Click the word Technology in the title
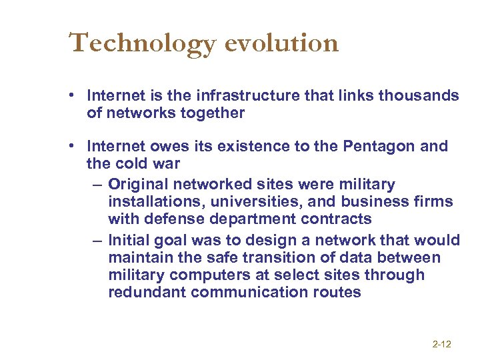click(143, 43)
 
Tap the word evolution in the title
click(282, 43)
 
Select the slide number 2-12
click(441, 344)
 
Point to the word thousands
click(419, 95)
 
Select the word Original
click(142, 184)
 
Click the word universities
click(247, 201)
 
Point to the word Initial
click(131, 240)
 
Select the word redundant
click(147, 292)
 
